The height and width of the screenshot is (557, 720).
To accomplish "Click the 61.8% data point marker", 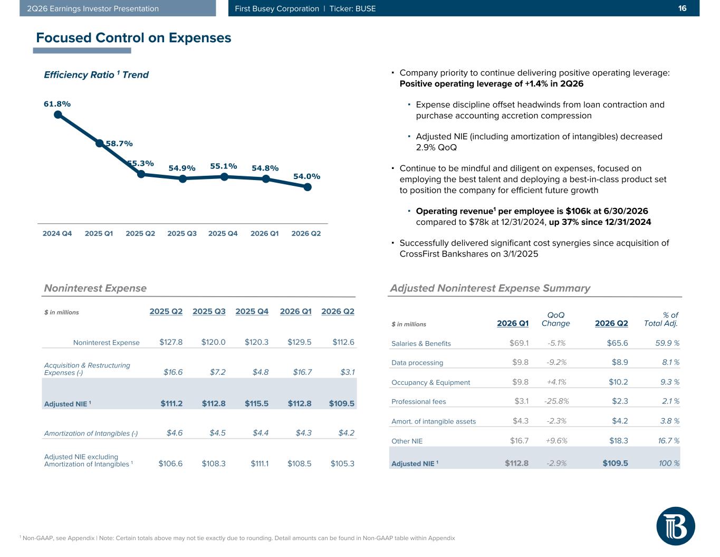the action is pos(58,115).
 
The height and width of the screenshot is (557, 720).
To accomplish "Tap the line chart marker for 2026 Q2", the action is pos(308,187).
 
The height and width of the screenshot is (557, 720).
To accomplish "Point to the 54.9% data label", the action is pos(182,168).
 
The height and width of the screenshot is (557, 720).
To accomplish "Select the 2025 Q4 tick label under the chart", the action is pos(223,233).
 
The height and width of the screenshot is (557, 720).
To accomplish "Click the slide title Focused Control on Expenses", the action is pos(133,38).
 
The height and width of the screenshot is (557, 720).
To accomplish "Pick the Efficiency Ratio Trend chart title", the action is pos(96,75).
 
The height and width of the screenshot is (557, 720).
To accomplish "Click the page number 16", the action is pos(682,8).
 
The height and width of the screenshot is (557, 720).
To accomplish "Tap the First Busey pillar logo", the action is pos(676,526).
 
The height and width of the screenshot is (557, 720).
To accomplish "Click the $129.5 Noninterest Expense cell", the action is pos(299,342).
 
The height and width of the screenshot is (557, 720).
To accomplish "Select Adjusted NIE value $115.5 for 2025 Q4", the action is pos(256,403).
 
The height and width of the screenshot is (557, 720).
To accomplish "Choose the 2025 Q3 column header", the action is pos(209,311).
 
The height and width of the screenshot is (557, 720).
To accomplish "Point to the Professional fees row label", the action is pos(418,401).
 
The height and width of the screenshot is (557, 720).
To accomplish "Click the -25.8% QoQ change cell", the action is pos(556,401).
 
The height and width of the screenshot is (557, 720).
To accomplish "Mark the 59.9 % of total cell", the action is pos(667,343).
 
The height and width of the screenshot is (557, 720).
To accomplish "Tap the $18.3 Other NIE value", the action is pos(619,441).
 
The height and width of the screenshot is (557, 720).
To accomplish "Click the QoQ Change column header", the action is pos(555,319).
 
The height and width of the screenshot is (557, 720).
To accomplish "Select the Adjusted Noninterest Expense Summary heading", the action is pos(490,288).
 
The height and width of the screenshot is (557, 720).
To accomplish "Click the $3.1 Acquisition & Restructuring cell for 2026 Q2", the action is pos(348,372).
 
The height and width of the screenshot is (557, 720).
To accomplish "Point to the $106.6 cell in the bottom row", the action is pos(170,464).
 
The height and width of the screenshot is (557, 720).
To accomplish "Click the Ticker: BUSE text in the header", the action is pos(352,8).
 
